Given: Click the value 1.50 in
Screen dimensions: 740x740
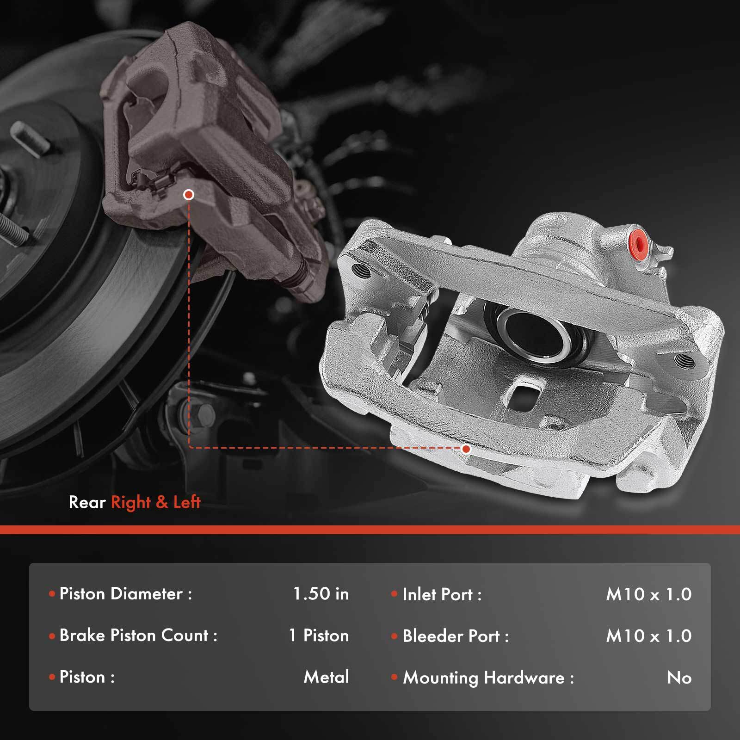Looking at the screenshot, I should (321, 594).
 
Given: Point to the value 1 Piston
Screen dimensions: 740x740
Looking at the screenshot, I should (319, 635).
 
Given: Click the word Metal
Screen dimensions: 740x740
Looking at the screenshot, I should (326, 677).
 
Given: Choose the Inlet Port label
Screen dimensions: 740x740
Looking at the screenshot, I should (442, 595).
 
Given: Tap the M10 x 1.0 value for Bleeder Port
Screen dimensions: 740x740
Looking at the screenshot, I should (648, 636).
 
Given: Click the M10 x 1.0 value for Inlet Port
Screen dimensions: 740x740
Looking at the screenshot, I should (648, 594).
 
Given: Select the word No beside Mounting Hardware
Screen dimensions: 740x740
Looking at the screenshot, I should (679, 678).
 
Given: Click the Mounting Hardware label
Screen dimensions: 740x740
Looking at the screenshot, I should (488, 678).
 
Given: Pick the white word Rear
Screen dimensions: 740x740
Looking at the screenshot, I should (87, 502).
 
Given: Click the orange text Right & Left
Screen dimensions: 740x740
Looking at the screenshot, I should (156, 502).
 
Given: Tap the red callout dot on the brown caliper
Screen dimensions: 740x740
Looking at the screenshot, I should (188, 195).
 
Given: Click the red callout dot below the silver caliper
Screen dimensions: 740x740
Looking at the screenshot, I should (466, 449).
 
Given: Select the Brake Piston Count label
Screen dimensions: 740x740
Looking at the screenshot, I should (138, 635).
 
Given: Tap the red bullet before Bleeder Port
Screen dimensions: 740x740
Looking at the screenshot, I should (394, 636).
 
